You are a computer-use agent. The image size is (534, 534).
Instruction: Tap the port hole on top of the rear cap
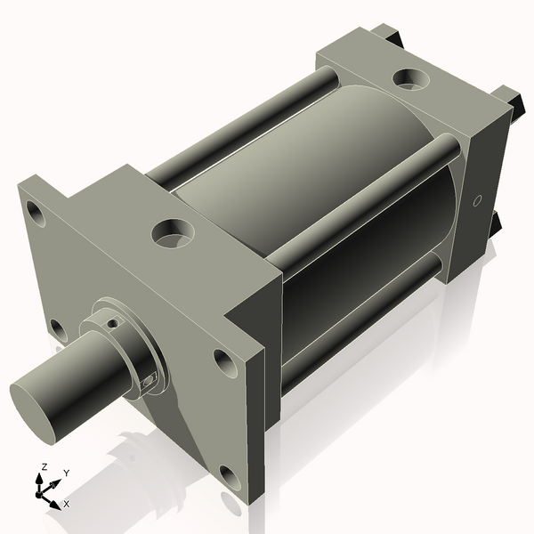(x=412, y=80)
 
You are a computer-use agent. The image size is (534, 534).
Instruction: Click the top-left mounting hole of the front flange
(x=36, y=214)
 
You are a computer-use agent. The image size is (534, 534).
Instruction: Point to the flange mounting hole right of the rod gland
(x=221, y=360)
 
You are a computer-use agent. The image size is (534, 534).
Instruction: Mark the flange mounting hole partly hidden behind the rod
(x=58, y=330)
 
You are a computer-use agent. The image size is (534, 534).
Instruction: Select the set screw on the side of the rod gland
(x=149, y=381)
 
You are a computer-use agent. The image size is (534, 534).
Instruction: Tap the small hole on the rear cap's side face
(x=478, y=199)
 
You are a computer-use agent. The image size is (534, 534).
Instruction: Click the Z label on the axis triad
(x=43, y=466)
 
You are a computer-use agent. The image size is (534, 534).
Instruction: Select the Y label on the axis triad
(x=66, y=473)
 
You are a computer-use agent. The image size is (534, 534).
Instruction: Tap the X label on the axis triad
(x=66, y=504)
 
